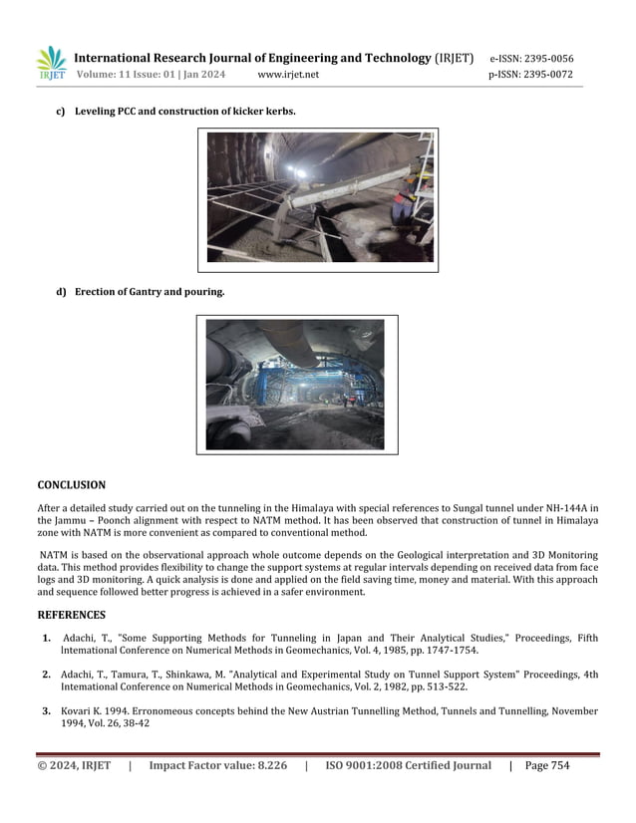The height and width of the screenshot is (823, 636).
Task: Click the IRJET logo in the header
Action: click(x=51, y=63)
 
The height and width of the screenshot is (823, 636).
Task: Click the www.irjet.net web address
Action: click(x=288, y=75)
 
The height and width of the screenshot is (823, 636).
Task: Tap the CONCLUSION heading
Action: click(x=71, y=485)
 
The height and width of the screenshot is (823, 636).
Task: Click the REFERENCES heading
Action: click(x=71, y=615)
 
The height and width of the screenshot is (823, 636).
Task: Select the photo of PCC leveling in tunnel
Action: click(x=319, y=198)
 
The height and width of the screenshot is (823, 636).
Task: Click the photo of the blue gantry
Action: click(x=296, y=385)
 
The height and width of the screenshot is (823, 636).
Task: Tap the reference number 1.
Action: click(x=47, y=638)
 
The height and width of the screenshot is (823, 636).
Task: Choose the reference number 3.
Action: click(x=47, y=711)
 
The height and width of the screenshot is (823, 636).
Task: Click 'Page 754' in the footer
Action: click(x=547, y=765)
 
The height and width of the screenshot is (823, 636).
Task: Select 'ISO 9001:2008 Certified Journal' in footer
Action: click(x=408, y=765)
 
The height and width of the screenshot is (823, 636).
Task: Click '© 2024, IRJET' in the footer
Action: click(x=74, y=765)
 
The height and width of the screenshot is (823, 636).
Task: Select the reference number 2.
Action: click(x=47, y=675)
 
